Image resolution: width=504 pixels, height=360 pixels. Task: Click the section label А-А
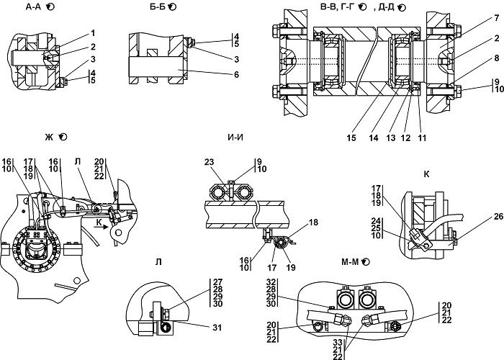(x=33, y=6)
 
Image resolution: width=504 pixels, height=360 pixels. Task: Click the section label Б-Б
(x=158, y=6)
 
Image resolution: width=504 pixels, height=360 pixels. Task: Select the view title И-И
(x=235, y=138)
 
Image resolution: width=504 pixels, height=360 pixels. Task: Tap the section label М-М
(x=350, y=262)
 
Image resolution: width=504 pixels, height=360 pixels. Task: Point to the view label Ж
(x=49, y=138)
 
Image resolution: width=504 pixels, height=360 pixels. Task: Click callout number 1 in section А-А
(x=93, y=33)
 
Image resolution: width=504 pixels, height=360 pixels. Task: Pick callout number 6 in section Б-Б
(x=237, y=75)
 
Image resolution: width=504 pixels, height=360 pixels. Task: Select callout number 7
(x=497, y=18)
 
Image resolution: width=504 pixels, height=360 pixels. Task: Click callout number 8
(x=497, y=58)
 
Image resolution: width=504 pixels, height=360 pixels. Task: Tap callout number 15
(x=351, y=138)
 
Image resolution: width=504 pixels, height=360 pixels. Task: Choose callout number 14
(x=374, y=138)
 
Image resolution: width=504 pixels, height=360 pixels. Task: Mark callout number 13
(x=390, y=138)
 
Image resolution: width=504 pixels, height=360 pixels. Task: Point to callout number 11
(x=422, y=138)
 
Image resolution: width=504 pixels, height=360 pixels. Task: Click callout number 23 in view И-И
(x=209, y=162)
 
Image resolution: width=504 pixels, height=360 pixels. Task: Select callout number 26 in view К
(x=498, y=217)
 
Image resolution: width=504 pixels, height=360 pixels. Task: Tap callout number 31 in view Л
(x=217, y=328)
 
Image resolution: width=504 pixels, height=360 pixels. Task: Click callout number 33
(x=338, y=343)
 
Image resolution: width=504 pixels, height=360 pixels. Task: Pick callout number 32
(x=271, y=282)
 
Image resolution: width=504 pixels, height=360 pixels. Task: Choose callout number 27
(x=217, y=282)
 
